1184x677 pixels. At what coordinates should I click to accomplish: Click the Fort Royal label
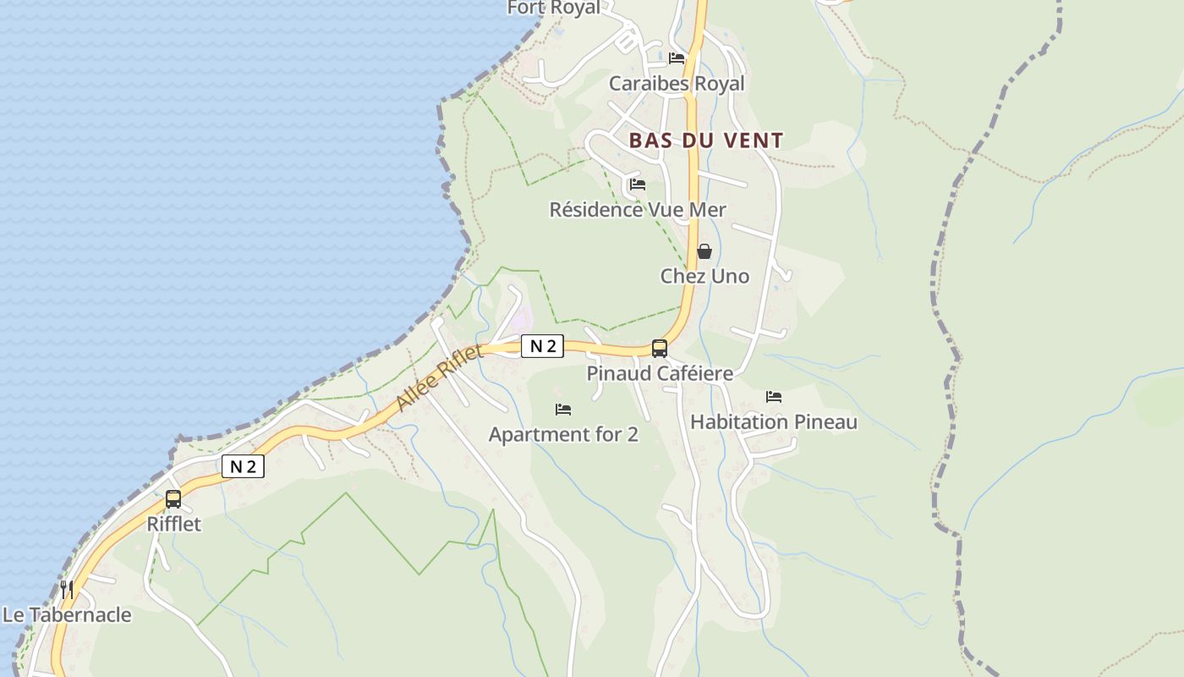click(x=553, y=8)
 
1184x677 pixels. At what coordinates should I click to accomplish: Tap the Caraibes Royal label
click(x=677, y=84)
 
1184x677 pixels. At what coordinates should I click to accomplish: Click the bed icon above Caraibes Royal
click(x=677, y=58)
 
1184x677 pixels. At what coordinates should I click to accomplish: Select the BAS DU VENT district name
click(x=706, y=140)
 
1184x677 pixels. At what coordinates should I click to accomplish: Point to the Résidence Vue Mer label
click(x=638, y=210)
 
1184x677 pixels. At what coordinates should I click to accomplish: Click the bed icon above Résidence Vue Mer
click(x=638, y=184)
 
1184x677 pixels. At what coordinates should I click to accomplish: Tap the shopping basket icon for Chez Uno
click(x=704, y=251)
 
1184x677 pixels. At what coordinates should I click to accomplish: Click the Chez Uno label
click(x=704, y=277)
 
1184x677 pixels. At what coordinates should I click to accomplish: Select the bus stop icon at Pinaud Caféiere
click(x=660, y=348)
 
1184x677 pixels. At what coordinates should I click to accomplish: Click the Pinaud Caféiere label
click(x=660, y=373)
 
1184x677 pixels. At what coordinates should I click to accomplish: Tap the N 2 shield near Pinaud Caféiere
click(x=542, y=345)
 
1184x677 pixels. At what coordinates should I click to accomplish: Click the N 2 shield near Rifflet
click(x=243, y=466)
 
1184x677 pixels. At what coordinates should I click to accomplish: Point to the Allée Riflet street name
click(x=439, y=377)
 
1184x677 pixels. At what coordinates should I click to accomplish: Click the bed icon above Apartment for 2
click(x=563, y=410)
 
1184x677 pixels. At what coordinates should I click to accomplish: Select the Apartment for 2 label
click(x=563, y=435)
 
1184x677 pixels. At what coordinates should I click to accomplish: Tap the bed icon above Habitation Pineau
click(x=774, y=396)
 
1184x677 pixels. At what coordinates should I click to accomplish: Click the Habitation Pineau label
click(x=774, y=422)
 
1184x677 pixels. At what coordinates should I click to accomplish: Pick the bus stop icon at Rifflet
click(x=173, y=499)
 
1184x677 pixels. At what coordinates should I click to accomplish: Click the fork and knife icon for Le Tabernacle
click(x=67, y=589)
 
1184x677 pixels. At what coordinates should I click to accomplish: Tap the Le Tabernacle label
click(x=67, y=615)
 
